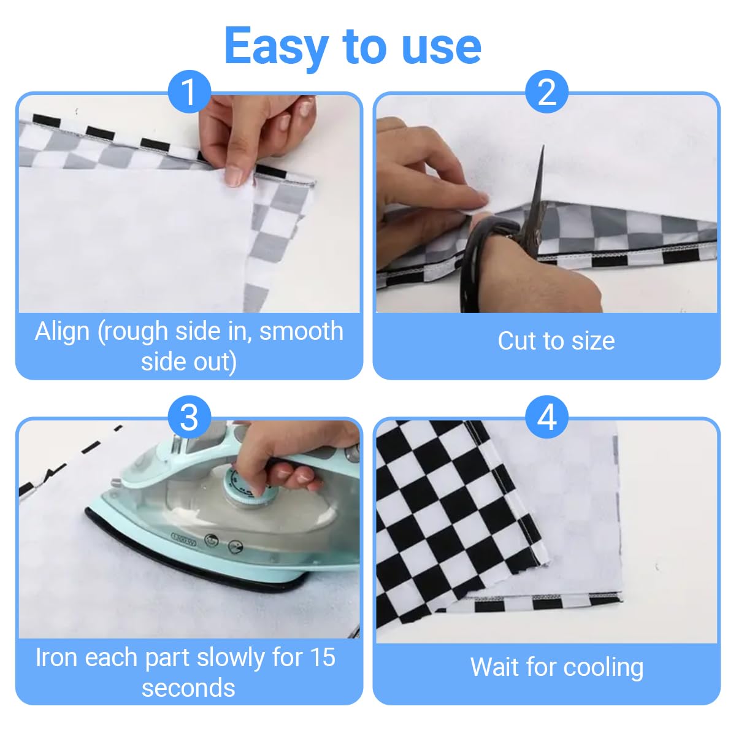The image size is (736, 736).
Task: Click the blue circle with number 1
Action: [x=189, y=91]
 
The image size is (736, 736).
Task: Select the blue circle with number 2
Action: [x=546, y=91]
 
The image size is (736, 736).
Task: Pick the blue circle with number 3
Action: [x=189, y=417]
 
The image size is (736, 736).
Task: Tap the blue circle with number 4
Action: [x=546, y=417]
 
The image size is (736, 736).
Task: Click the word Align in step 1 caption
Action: [x=63, y=332]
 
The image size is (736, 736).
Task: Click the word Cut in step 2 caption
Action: [x=515, y=340]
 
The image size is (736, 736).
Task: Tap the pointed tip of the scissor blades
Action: [x=543, y=145]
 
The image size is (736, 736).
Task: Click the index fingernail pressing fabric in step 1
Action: [x=234, y=177]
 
